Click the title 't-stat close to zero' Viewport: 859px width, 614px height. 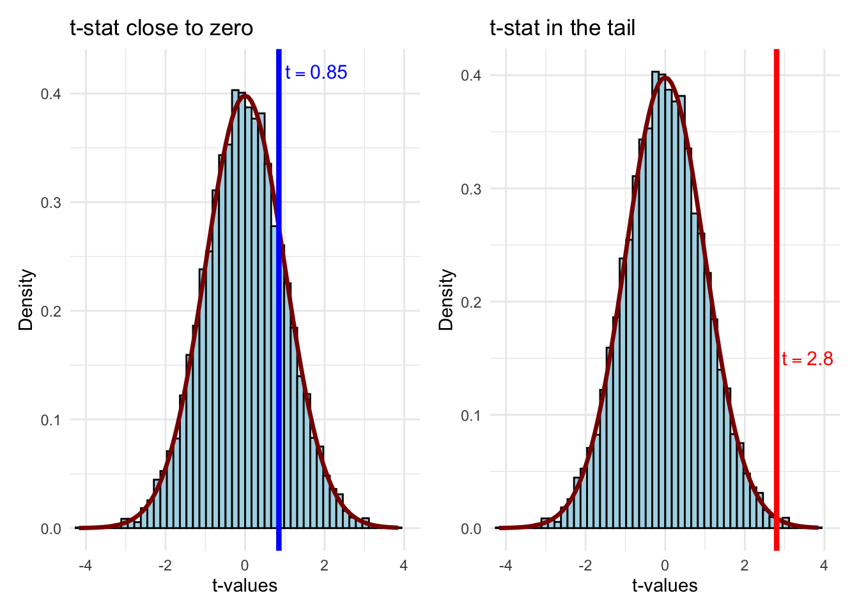[x=161, y=29]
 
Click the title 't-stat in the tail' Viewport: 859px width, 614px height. [x=562, y=29]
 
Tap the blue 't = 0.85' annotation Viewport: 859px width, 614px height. [x=316, y=73]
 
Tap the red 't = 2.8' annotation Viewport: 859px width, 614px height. [x=807, y=359]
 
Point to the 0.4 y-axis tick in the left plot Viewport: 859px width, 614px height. [x=51, y=94]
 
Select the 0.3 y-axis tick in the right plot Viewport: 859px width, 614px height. [x=471, y=189]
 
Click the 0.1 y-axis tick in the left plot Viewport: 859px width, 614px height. [x=51, y=420]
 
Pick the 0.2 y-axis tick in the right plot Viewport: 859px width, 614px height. [x=471, y=303]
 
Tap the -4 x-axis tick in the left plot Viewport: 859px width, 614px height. [x=86, y=566]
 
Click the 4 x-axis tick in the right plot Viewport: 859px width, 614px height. [x=824, y=566]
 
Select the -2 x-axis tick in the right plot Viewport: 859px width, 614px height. [x=585, y=566]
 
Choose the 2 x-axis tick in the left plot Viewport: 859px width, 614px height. [x=324, y=566]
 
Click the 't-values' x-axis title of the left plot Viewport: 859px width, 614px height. [x=245, y=586]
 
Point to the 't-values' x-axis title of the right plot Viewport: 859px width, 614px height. [x=665, y=586]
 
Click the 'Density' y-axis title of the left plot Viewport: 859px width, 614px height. [x=26, y=300]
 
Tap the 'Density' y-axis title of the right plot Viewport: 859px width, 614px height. [x=446, y=300]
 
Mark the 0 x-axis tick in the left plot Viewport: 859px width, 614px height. [x=245, y=566]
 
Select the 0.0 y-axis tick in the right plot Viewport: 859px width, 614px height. [x=471, y=529]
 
